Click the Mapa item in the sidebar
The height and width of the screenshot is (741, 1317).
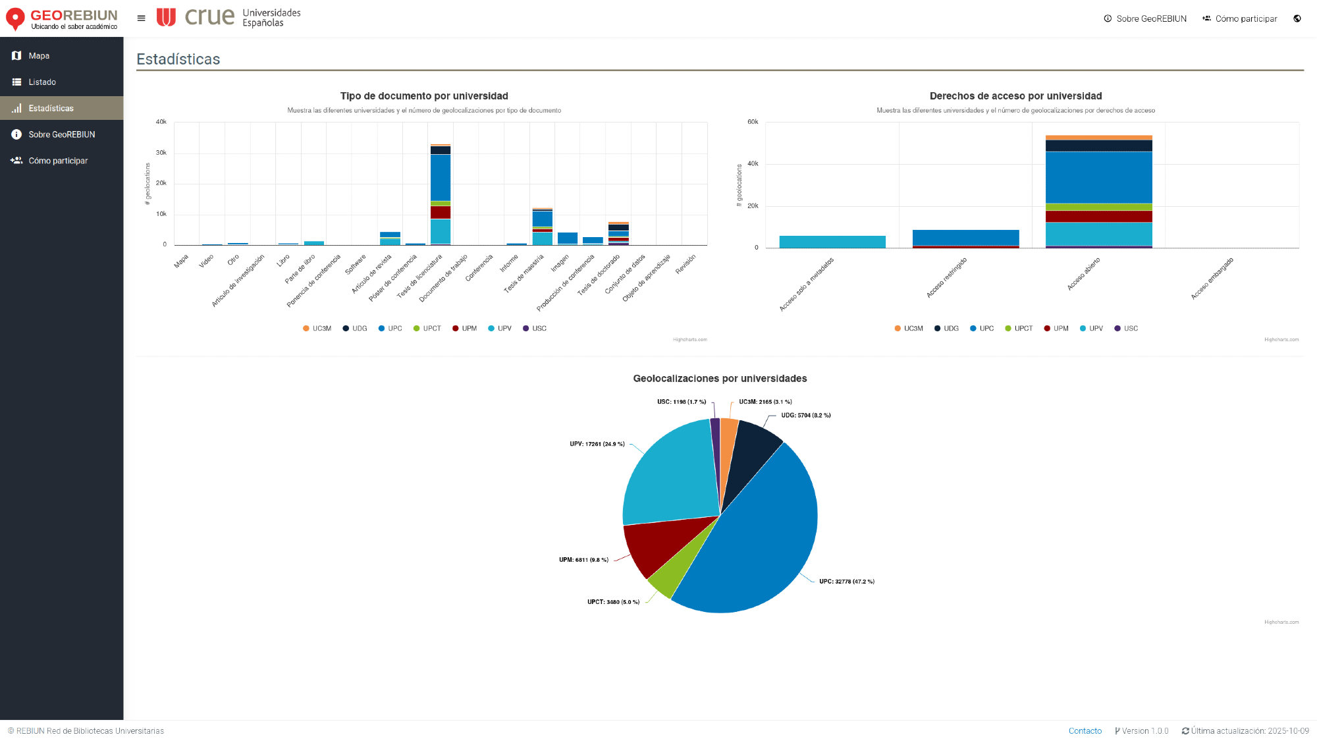39,56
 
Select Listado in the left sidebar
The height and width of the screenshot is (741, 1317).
42,82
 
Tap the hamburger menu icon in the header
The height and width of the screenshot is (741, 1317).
141,18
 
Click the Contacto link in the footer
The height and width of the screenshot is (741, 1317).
1085,731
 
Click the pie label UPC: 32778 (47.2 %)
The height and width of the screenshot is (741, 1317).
846,582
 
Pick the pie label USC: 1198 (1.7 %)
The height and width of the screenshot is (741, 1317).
681,402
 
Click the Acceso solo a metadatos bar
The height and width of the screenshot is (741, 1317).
832,242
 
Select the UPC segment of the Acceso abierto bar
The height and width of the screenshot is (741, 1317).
1098,177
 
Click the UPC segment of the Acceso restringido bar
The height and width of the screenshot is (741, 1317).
965,238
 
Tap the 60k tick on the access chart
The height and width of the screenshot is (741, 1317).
753,122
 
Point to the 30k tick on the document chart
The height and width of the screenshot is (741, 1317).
161,153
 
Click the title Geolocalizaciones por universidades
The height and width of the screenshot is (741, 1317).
720,379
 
